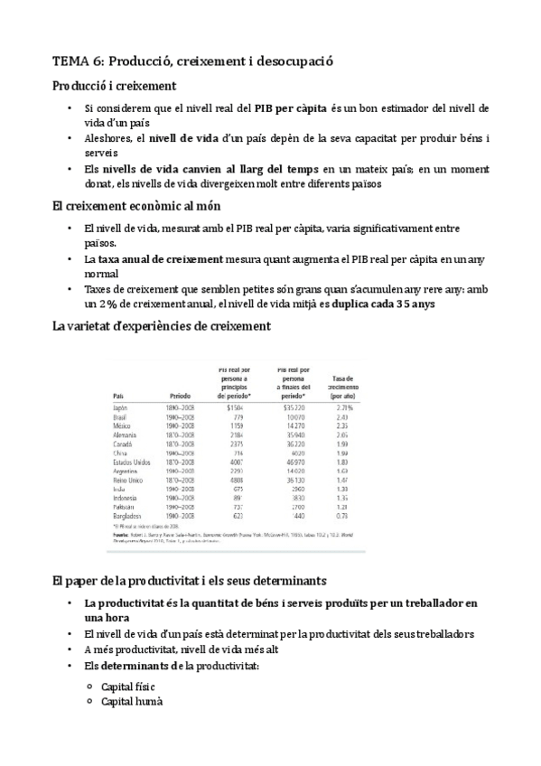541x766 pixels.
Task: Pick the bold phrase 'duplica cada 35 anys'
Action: point(384,304)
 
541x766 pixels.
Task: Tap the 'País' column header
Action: point(119,396)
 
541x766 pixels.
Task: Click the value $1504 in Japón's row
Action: point(236,408)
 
